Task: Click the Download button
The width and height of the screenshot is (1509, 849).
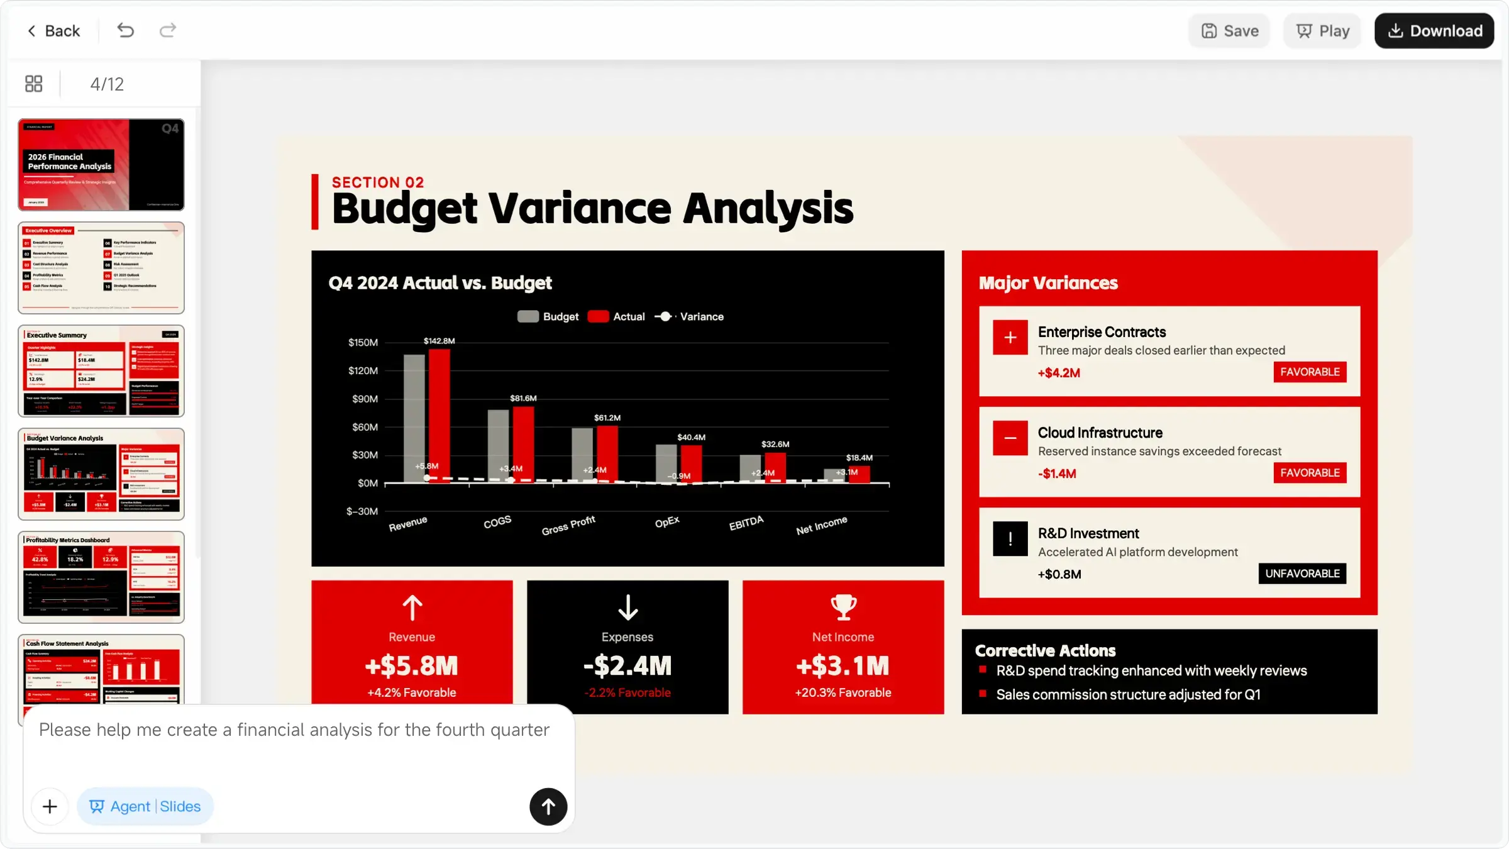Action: coord(1434,31)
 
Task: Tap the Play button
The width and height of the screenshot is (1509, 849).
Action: coord(1322,31)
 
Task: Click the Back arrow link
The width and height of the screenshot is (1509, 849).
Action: coord(53,31)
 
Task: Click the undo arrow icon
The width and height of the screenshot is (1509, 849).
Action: coord(125,30)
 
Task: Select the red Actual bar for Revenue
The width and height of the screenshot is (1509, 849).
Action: coord(439,415)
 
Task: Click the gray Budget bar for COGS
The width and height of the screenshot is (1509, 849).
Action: coord(498,445)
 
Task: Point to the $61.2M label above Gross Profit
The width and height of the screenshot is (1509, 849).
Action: coord(607,418)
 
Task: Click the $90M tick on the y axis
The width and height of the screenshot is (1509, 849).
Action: coord(365,399)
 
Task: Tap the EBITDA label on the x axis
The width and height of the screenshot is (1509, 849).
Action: coord(746,523)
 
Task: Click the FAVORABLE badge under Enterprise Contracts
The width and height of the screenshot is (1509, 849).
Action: coord(1310,372)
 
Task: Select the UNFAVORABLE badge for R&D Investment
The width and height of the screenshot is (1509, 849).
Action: coord(1302,574)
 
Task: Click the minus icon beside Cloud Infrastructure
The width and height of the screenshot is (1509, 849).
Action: coord(1010,438)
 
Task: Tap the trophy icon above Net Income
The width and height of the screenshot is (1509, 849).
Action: coord(843,607)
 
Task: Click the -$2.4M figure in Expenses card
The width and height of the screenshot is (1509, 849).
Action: coord(627,665)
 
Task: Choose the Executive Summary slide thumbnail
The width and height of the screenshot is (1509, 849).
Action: coord(101,371)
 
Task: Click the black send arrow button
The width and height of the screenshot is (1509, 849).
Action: coord(548,806)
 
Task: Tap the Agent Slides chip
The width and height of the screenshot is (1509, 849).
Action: coord(145,806)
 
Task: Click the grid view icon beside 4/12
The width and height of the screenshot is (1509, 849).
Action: coord(34,84)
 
